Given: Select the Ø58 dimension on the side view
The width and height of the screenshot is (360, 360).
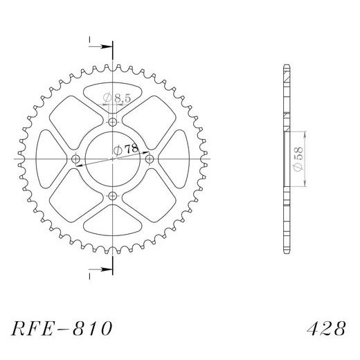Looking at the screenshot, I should pyautogui.click(x=298, y=159).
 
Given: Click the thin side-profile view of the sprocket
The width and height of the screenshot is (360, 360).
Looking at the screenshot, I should pyautogui.click(x=286, y=160).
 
